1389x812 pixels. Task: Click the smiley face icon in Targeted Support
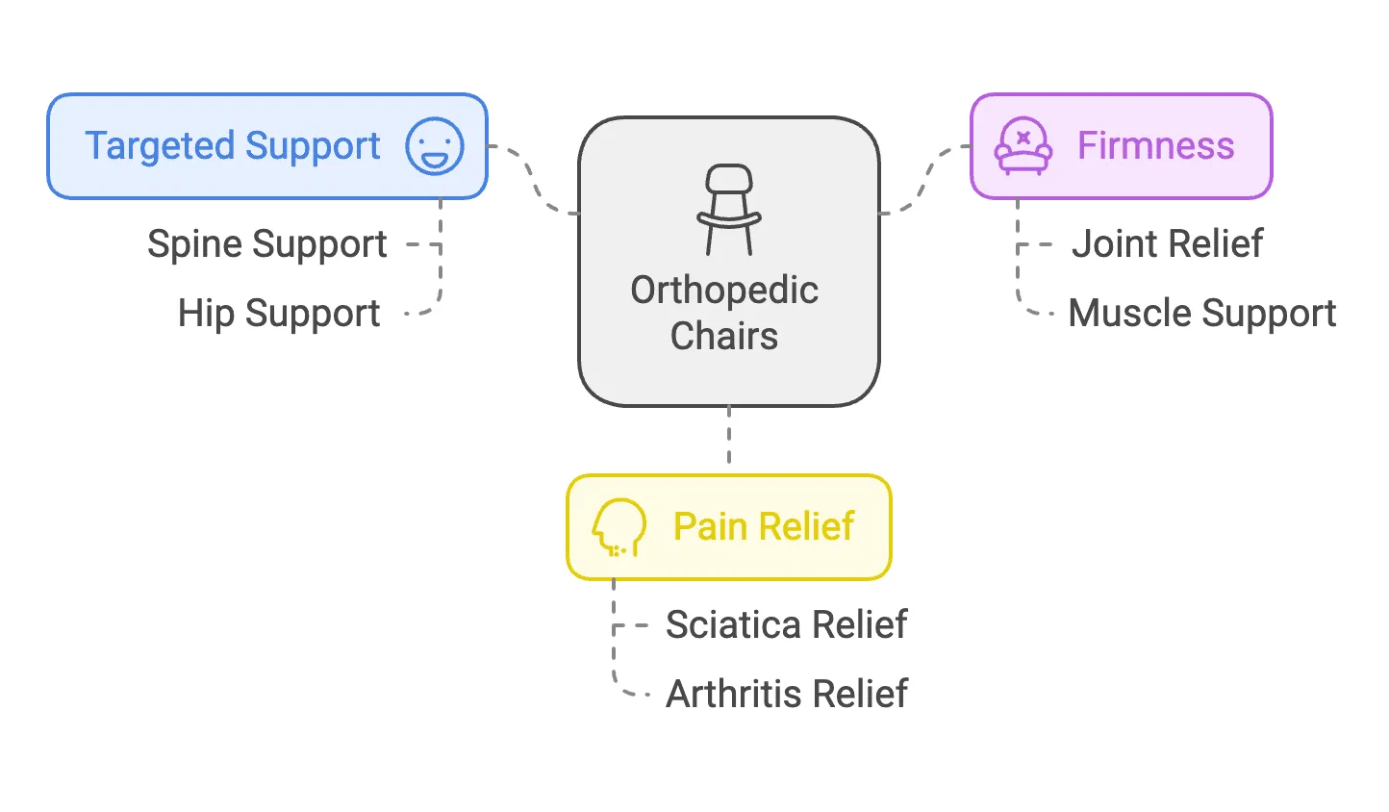point(435,146)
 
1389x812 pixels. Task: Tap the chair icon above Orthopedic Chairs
point(729,210)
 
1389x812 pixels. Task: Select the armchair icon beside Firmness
point(1023,146)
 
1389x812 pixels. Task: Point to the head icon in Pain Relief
point(618,527)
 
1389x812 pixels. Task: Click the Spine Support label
point(267,244)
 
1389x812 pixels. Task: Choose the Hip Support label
point(279,314)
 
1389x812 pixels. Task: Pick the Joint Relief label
point(1167,244)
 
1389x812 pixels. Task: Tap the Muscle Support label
point(1201,314)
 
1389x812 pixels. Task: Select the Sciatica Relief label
point(786,625)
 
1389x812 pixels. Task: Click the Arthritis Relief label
point(786,694)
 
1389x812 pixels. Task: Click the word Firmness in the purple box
point(1155,146)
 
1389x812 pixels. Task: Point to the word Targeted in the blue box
point(159,146)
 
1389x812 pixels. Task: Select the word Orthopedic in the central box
point(724,291)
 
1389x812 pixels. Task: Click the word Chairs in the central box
point(724,337)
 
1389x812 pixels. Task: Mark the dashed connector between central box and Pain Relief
point(729,439)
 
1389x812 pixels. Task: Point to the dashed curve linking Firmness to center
point(925,180)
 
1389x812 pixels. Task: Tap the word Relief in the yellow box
point(806,527)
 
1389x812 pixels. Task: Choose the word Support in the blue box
point(312,146)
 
